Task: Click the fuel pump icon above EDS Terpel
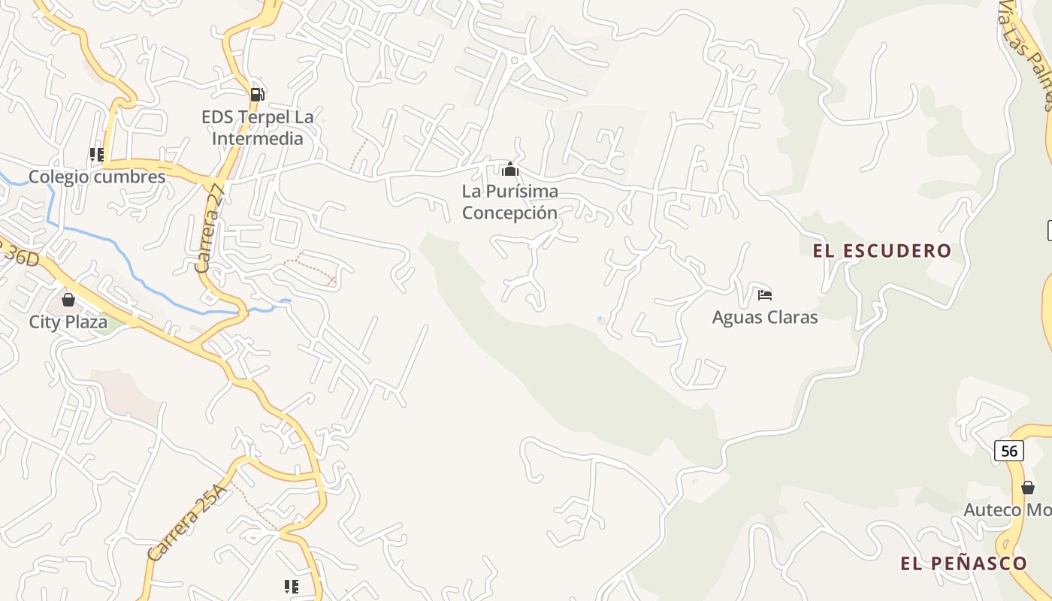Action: [257, 94]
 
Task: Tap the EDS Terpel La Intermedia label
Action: [257, 128]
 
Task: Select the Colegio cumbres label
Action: [97, 177]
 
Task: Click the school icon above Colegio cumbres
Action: [97, 155]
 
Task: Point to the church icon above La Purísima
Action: [510, 168]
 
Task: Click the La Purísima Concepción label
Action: [510, 202]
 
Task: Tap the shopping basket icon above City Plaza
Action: [68, 300]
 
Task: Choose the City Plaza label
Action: [68, 322]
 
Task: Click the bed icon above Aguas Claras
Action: [765, 294]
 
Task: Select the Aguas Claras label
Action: [765, 317]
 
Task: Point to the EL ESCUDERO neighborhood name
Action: [882, 251]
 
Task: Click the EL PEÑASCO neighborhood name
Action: [963, 563]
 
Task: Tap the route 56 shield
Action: [1008, 451]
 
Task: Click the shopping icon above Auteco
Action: [1028, 488]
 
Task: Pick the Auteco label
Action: [1007, 510]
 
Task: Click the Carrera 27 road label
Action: [210, 229]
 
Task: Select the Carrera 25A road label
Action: [186, 524]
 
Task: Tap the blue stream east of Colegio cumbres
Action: [113, 248]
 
